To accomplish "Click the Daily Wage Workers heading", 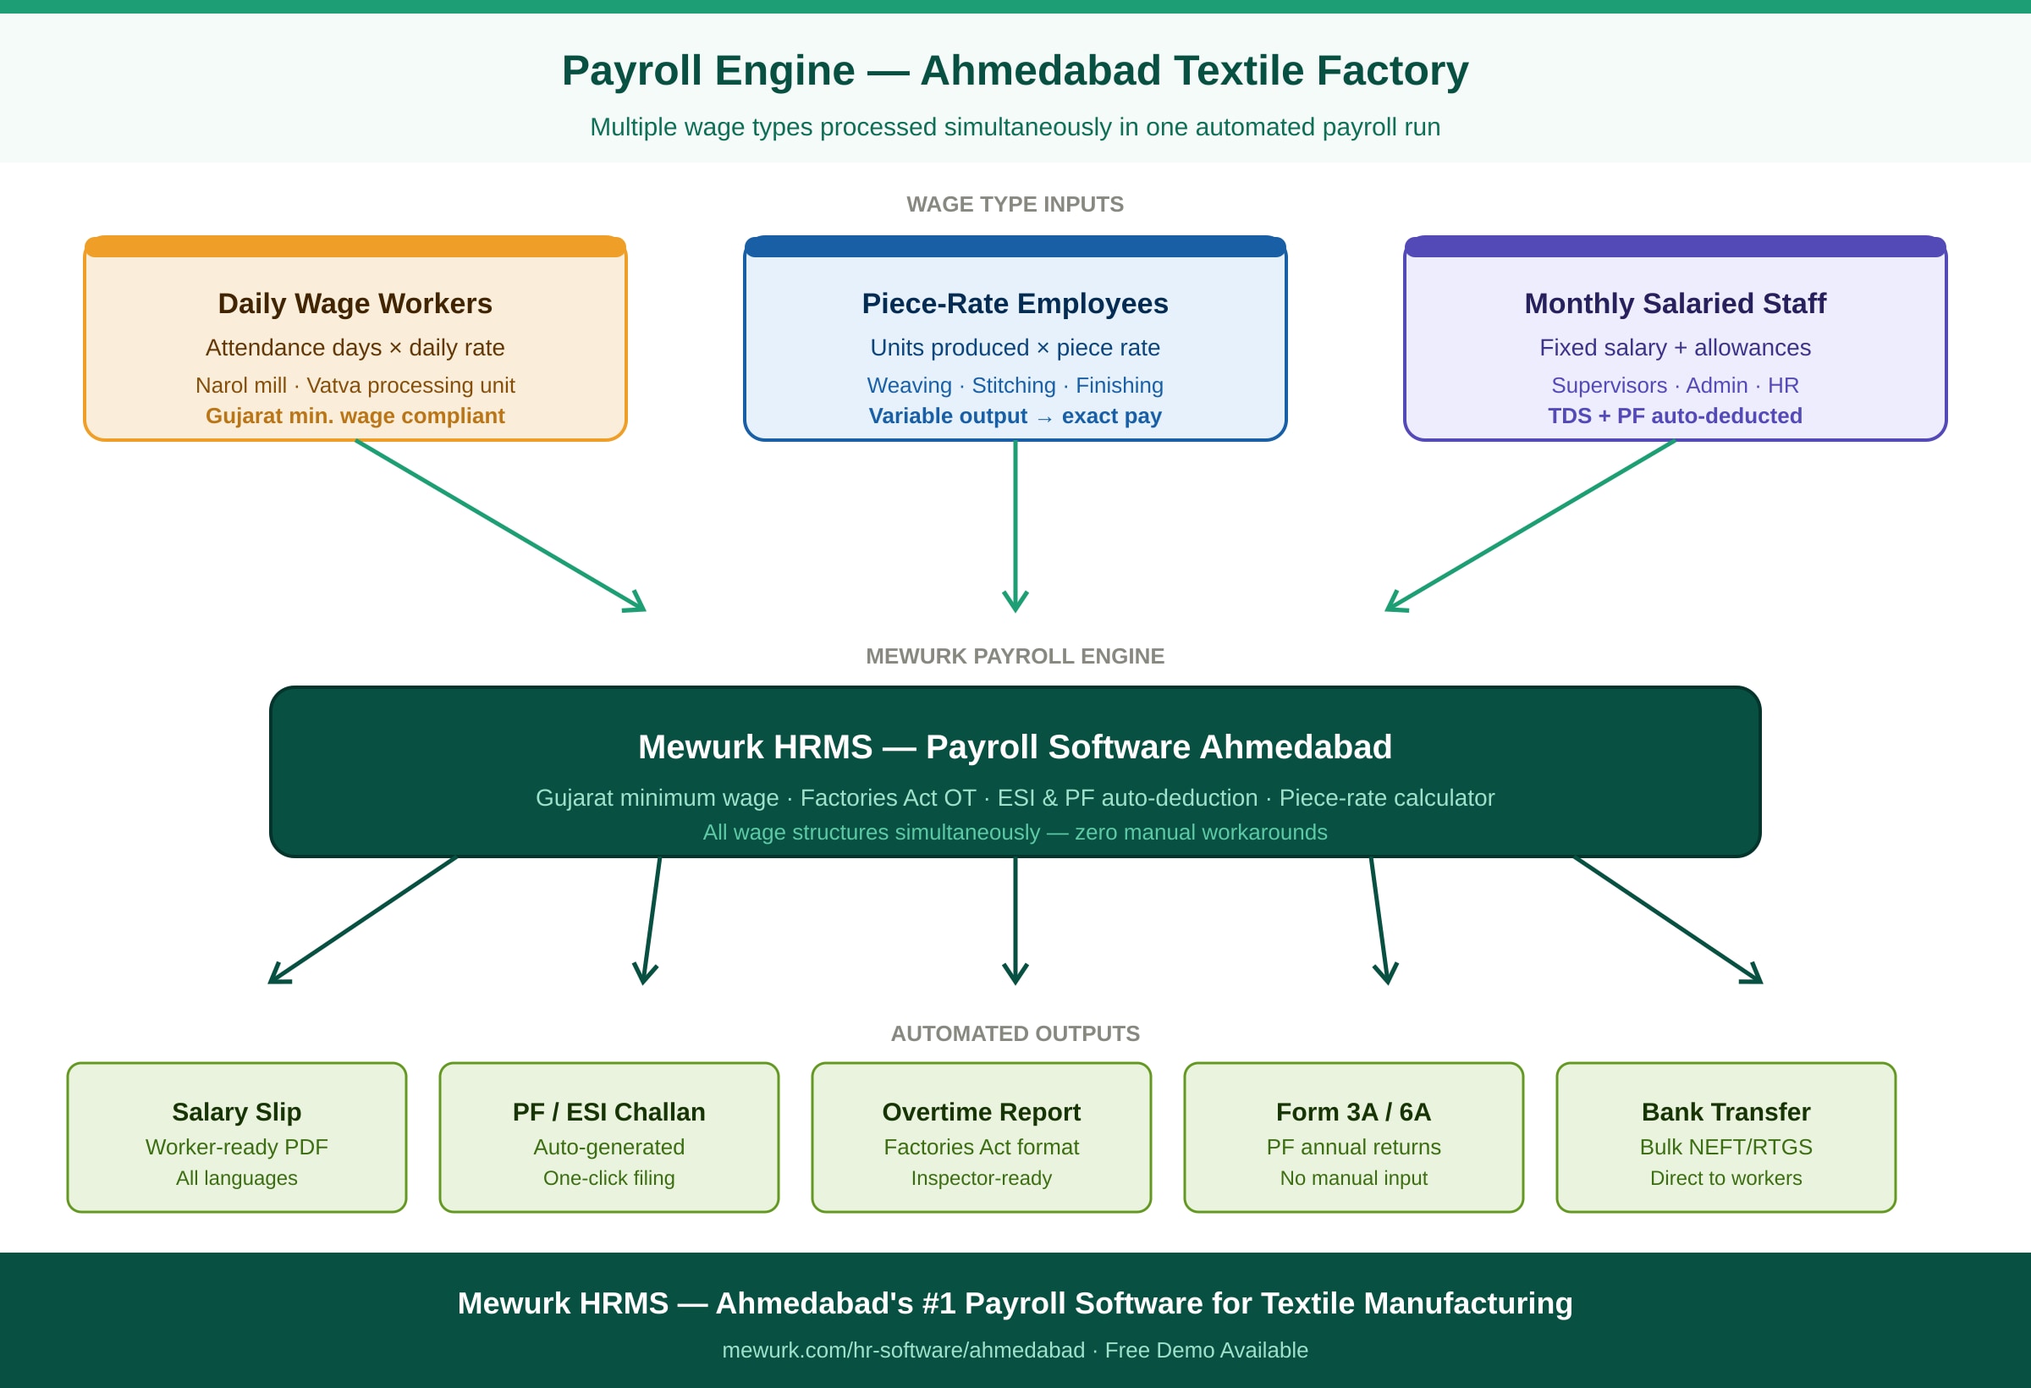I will click(x=355, y=303).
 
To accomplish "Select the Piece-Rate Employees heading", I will click(x=1015, y=303).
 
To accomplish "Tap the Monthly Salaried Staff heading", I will click(x=1675, y=303).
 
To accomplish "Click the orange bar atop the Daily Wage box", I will click(x=355, y=246).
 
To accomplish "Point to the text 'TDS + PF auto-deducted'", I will click(x=1675, y=416).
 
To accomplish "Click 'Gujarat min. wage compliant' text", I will click(x=355, y=416).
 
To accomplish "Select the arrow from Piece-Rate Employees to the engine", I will click(x=1015, y=525).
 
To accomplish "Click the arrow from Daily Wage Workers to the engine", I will click(x=500, y=526).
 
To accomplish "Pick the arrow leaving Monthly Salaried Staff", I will click(x=1530, y=526).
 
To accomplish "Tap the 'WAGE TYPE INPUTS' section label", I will click(x=1015, y=205).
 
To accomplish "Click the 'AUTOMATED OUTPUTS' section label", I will click(x=1015, y=1034).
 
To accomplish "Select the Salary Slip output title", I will click(x=237, y=1112).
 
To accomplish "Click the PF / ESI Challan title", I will click(x=609, y=1112).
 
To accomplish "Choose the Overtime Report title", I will click(x=982, y=1112).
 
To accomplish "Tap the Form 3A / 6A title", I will click(x=1354, y=1112).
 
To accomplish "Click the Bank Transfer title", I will click(x=1726, y=1112).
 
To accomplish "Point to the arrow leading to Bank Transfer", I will click(x=1667, y=919).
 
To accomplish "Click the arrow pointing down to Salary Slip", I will click(x=363, y=919).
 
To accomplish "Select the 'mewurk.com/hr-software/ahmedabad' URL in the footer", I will click(x=903, y=1351).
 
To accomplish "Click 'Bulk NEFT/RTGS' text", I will click(x=1726, y=1147).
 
